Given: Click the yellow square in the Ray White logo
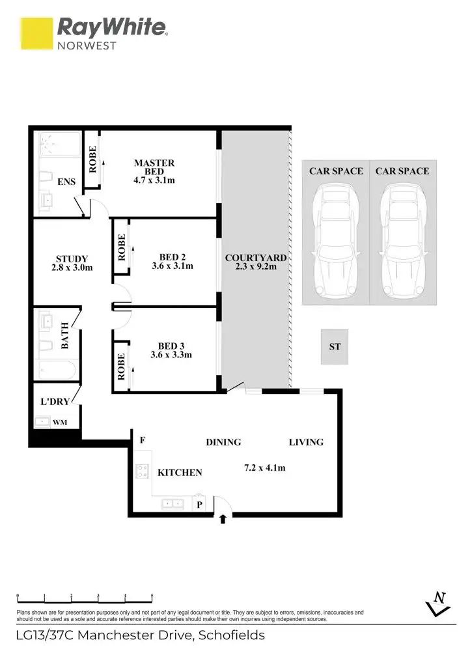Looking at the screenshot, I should click(x=36, y=33).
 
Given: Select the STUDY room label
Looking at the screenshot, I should click(x=72, y=258).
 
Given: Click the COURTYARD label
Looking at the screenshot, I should click(x=255, y=258).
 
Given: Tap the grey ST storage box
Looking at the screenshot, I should click(x=334, y=347).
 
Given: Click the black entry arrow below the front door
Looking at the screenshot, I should click(x=223, y=519).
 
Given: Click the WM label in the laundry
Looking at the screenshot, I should click(x=60, y=422).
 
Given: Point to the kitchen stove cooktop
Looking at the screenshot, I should click(x=141, y=472).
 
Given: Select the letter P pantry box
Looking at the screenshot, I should click(x=200, y=503).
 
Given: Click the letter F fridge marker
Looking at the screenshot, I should click(x=142, y=440).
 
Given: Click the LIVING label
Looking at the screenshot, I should click(x=306, y=442).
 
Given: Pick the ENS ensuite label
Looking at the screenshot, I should click(x=66, y=183).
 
